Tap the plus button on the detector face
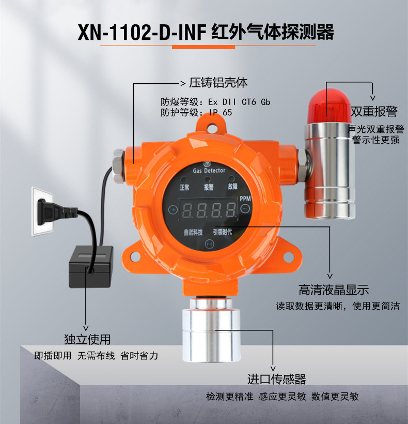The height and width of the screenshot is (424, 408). pyautogui.click(x=173, y=209)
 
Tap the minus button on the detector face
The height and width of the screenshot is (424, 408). pyautogui.click(x=245, y=208)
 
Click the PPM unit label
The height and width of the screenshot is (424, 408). pyautogui.click(x=245, y=199)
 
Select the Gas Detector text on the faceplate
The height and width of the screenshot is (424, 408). pyautogui.click(x=209, y=170)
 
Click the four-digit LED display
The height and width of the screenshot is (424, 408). pyautogui.click(x=209, y=210)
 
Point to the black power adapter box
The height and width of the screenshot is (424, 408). pyautogui.click(x=91, y=267)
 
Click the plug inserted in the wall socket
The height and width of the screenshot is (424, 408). pyautogui.click(x=54, y=212)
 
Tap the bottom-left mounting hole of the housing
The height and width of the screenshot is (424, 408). pyautogui.click(x=135, y=256)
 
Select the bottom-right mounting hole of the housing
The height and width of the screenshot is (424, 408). pyautogui.click(x=289, y=257)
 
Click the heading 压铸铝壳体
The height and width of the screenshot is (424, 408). pyautogui.click(x=218, y=83)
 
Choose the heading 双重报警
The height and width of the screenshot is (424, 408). pyautogui.click(x=374, y=111)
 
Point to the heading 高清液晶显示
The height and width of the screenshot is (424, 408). pyautogui.click(x=334, y=290)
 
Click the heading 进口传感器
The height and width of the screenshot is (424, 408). pyautogui.click(x=276, y=379)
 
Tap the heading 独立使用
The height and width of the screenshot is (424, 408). pyautogui.click(x=87, y=339)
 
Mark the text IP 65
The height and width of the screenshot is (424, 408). pyautogui.click(x=221, y=113)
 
